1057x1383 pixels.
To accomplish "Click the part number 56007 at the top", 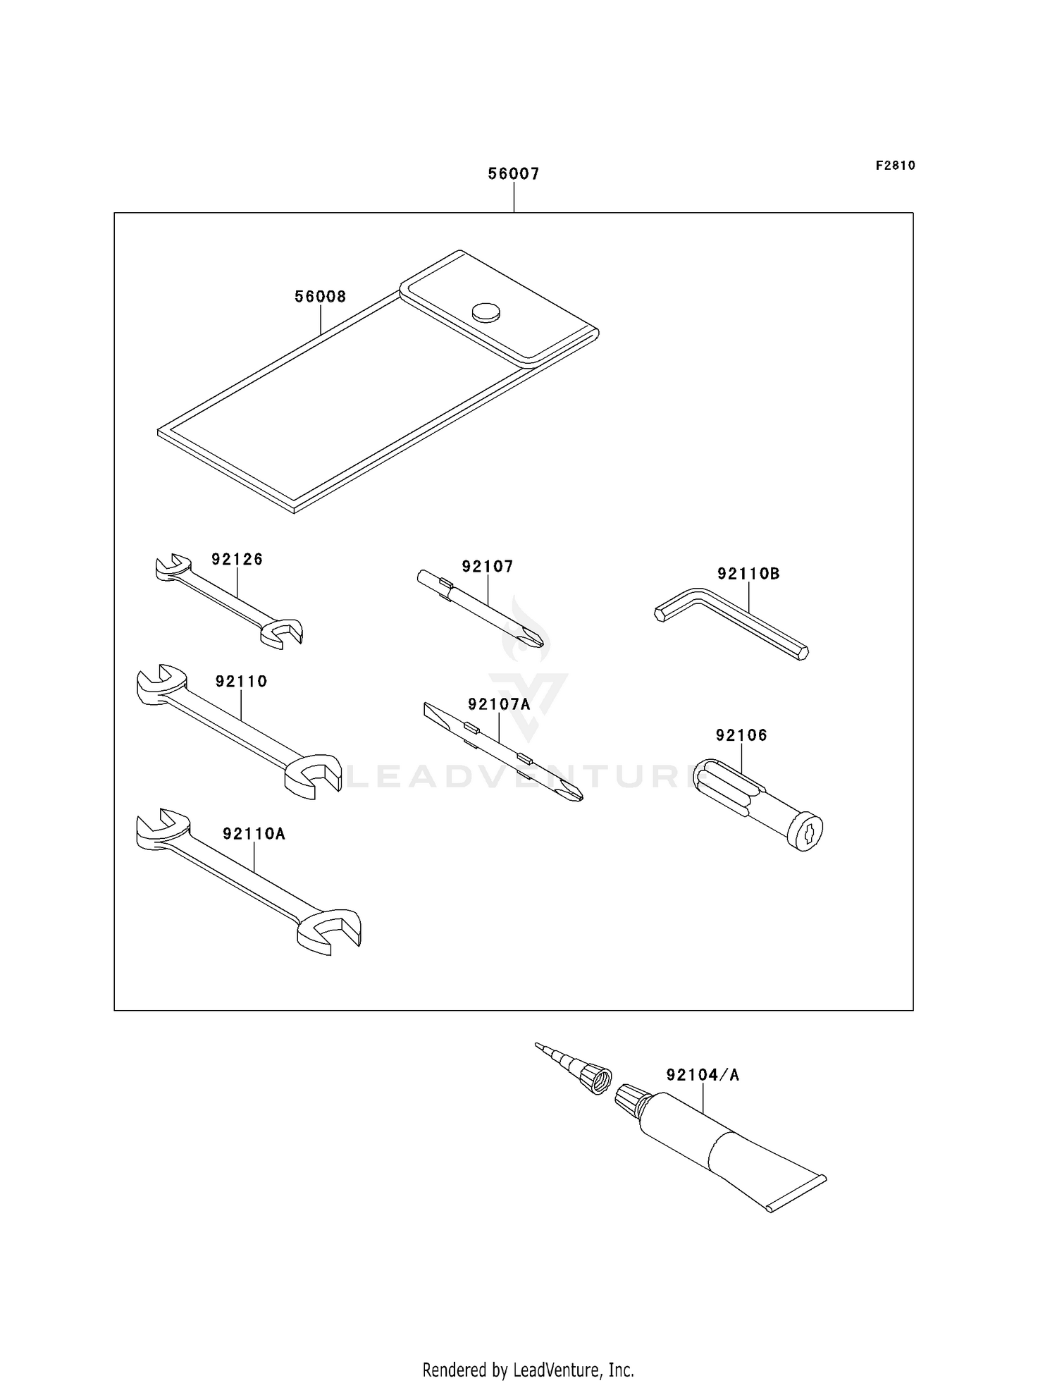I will tap(514, 174).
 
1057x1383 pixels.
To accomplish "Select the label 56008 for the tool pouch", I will tap(320, 297).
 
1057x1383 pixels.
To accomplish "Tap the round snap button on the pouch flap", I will tap(486, 312).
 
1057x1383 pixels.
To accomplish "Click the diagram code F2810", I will tap(895, 166).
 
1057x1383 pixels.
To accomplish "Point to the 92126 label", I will tap(237, 560).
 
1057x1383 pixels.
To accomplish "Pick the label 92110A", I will tap(254, 834).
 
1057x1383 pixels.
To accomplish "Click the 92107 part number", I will tap(488, 567).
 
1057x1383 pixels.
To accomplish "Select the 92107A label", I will tap(499, 704).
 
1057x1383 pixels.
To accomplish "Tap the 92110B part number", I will tap(748, 574).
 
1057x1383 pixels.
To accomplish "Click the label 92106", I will tap(741, 735).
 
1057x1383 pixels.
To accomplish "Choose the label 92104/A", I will tap(703, 1075).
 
